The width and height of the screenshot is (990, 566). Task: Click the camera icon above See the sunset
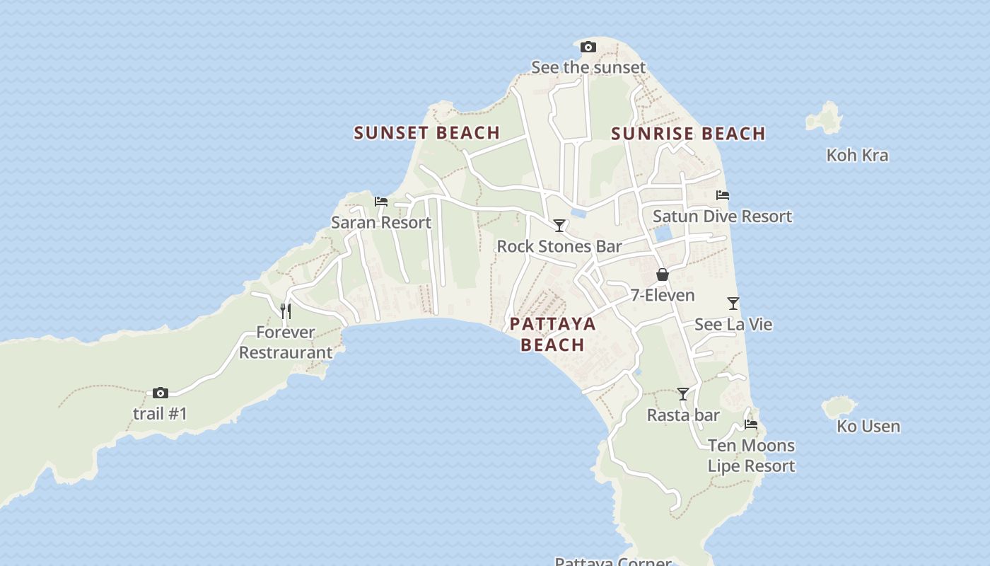point(588,47)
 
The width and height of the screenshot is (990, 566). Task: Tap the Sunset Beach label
point(427,133)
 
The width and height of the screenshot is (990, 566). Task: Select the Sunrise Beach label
point(688,134)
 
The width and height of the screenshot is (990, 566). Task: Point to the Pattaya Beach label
point(553,334)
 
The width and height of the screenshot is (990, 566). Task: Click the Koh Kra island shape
point(825,117)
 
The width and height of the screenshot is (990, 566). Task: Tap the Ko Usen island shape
point(839,407)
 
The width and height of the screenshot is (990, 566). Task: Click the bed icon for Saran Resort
point(381,202)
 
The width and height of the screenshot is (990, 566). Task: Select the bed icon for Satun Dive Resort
point(722,195)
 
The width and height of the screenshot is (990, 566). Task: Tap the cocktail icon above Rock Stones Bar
point(559,226)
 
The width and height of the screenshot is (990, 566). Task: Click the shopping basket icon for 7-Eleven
point(663,275)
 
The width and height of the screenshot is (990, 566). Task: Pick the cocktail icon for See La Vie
point(733,304)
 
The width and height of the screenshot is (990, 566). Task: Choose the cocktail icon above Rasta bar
point(683,394)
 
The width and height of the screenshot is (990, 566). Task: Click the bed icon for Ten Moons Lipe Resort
point(751,424)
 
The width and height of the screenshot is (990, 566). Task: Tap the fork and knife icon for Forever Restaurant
point(286,311)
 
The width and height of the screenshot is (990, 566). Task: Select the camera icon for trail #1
point(161,393)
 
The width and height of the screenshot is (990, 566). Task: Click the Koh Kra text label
point(857,155)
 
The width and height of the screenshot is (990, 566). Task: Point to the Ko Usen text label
point(868,426)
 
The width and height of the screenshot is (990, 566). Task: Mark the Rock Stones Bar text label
point(559,246)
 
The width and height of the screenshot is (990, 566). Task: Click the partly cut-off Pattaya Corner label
point(612,562)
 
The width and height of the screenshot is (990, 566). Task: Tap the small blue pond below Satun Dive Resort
point(663,234)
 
